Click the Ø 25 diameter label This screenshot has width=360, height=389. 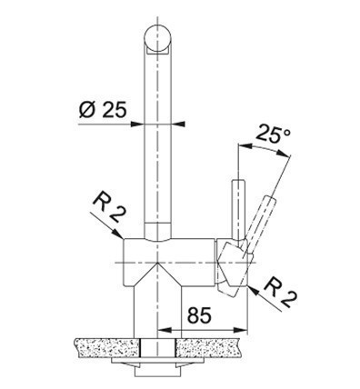tap(102, 109)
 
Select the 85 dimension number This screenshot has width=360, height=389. tap(199, 315)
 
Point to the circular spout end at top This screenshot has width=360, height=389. tap(157, 39)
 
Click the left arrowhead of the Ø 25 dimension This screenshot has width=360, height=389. tap(136, 124)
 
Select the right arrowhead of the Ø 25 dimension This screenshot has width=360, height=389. tap(178, 124)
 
